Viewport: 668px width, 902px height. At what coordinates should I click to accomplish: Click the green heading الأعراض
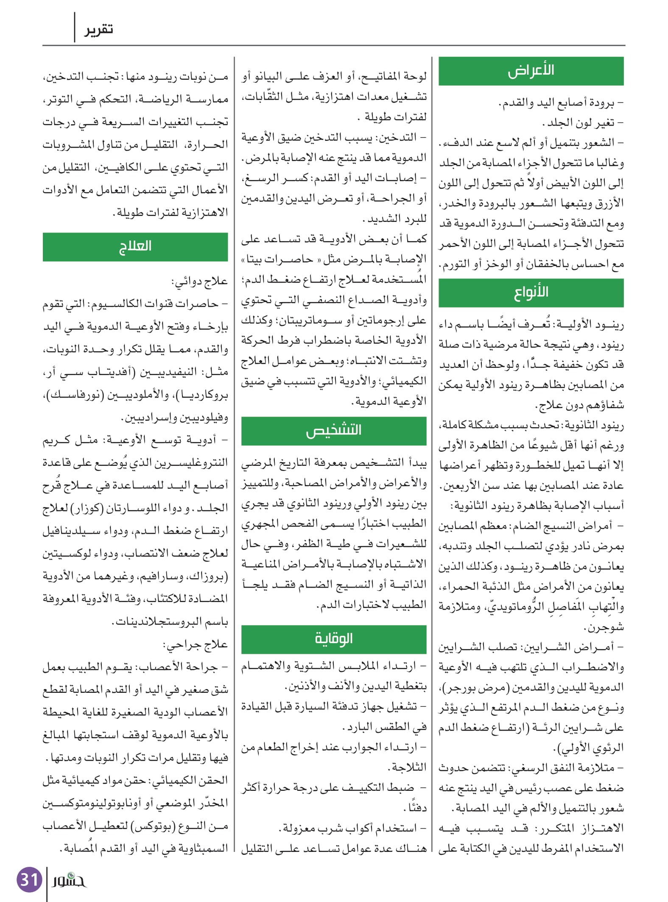(531, 71)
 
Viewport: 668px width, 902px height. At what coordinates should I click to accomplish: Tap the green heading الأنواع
(531, 293)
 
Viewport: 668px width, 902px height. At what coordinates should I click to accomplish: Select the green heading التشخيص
(333, 431)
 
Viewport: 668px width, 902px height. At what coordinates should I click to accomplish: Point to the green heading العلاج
(135, 247)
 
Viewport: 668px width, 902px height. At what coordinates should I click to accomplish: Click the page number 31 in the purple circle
(29, 880)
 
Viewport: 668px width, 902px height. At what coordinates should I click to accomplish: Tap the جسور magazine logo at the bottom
(69, 880)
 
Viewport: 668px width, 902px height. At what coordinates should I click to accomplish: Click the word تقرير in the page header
(98, 29)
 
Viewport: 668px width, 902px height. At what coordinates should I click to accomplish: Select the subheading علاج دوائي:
(199, 281)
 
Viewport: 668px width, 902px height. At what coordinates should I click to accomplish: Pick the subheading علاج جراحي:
(196, 644)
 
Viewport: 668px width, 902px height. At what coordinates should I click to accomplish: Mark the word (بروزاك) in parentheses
(207, 576)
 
